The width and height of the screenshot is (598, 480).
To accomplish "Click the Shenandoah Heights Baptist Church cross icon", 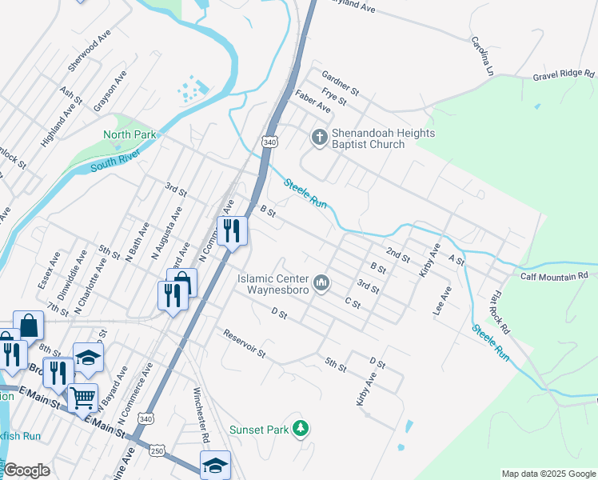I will [x=319, y=138].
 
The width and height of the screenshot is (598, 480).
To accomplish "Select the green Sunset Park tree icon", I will [x=301, y=430].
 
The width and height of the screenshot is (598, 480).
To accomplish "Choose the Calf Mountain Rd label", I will [x=553, y=275].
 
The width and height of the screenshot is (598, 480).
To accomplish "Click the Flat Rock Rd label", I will [x=500, y=313].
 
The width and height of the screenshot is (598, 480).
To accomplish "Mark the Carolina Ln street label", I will [x=481, y=56].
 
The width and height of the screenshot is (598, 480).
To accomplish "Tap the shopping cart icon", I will [x=82, y=396].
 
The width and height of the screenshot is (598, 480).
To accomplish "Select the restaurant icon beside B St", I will [x=232, y=230].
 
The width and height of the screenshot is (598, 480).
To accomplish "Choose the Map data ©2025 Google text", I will [x=548, y=474].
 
